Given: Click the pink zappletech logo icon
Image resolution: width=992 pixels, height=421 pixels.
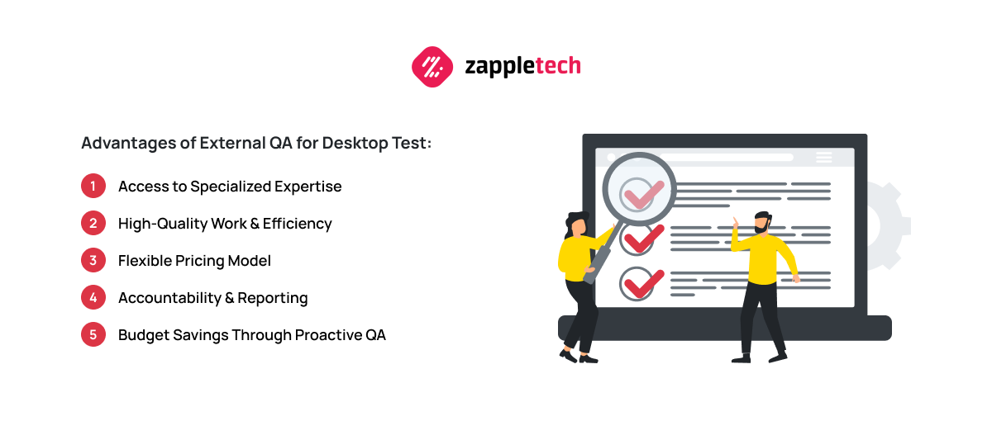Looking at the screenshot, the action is (x=432, y=67).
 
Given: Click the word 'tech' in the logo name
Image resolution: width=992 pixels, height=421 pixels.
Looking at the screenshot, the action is (x=558, y=66).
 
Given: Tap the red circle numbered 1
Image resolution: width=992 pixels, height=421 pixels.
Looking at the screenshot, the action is (x=93, y=186).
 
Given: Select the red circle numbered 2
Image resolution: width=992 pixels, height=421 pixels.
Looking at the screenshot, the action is (x=93, y=223).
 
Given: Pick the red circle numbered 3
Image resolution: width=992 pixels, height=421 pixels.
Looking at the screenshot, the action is (x=93, y=260).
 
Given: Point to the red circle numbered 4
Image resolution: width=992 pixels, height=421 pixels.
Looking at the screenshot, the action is (x=93, y=297).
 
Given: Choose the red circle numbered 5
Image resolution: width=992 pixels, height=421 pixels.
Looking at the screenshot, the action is (x=93, y=334).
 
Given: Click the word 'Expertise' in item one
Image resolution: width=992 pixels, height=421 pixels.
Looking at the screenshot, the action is (x=308, y=187).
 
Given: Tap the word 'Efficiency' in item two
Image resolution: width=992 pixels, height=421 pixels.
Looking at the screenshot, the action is (x=297, y=224).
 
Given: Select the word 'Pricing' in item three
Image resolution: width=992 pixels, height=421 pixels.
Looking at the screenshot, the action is (x=200, y=261).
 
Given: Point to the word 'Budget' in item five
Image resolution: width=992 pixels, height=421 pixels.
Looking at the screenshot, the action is (x=144, y=335).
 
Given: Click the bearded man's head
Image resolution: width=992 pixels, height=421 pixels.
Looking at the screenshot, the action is (x=762, y=222).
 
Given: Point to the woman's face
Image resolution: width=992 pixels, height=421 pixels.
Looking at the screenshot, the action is (x=579, y=227).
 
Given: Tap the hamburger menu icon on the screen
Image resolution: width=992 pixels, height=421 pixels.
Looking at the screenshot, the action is (x=823, y=157).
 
